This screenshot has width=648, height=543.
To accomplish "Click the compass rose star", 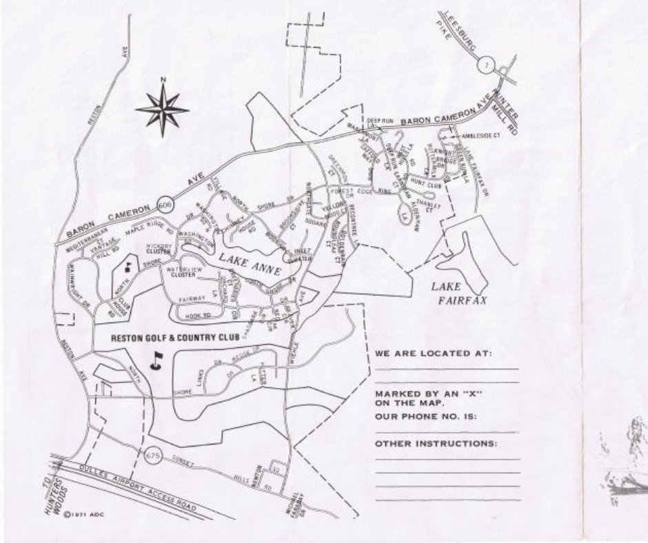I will coord(163,108).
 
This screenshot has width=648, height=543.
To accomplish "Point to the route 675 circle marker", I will coord(153,455).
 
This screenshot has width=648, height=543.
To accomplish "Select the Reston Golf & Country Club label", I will coord(174,338).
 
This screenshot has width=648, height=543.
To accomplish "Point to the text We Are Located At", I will coord(434,354).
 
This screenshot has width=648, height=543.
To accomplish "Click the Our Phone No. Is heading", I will coord(426,418).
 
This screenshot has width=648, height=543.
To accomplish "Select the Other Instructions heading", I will coord(436,443).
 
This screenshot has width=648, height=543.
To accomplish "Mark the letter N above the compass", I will coord(163,79).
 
